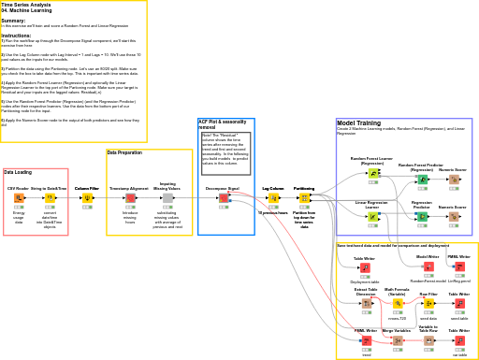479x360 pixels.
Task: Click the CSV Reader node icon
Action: click(19, 198)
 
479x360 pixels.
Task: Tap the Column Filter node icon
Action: click(87, 198)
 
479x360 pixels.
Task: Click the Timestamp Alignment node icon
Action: click(130, 198)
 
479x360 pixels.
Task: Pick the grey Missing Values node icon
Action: click(167, 198)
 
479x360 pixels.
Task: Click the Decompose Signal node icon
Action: click(224, 198)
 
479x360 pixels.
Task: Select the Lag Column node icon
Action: click(273, 198)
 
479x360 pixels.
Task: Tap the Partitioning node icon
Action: click(304, 198)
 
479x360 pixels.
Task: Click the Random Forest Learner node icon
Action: click(372, 173)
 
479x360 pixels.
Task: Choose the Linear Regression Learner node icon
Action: click(372, 216)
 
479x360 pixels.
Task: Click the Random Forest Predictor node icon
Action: click(422, 180)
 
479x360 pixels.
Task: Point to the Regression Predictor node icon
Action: click(422, 216)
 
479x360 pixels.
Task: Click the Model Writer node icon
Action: click(428, 267)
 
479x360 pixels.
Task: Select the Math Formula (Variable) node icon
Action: click(398, 303)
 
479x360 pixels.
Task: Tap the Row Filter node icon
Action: click(428, 303)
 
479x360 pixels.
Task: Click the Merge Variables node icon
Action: click(398, 341)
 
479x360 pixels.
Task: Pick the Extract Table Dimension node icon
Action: click(366, 303)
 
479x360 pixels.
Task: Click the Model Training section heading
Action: click(358, 123)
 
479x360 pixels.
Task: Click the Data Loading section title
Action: click(18, 172)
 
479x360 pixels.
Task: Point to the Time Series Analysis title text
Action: click(26, 5)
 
